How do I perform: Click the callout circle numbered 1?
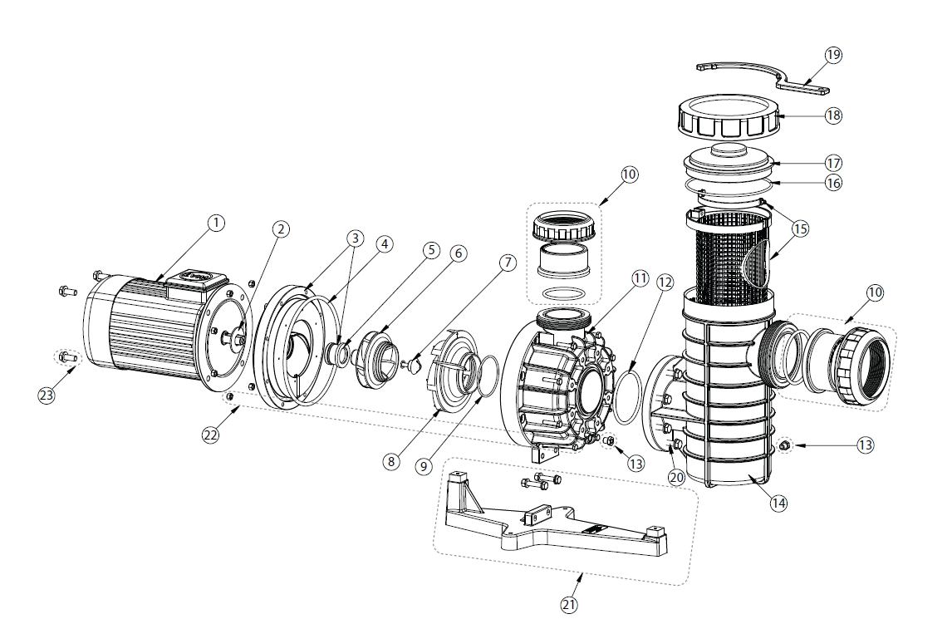click(x=215, y=223)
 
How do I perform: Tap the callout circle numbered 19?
click(x=833, y=55)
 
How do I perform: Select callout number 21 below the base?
click(x=569, y=604)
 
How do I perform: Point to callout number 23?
click(x=47, y=395)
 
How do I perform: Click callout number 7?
click(x=508, y=263)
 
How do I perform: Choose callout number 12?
click(x=665, y=282)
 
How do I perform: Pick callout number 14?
click(x=779, y=503)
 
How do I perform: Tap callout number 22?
click(x=211, y=435)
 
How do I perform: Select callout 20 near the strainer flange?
click(x=676, y=477)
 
